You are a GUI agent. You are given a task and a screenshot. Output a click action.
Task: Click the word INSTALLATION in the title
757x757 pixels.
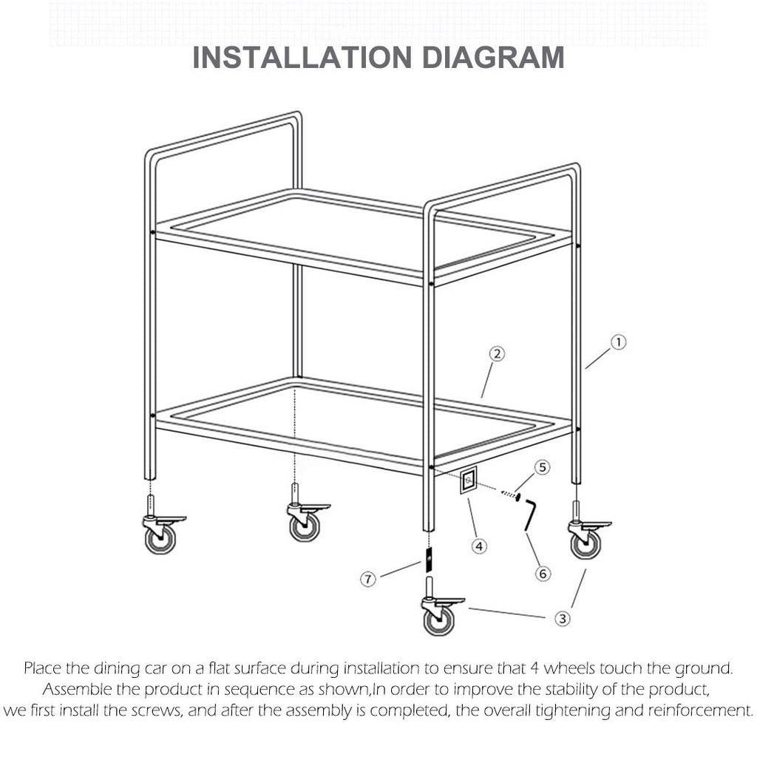[297, 58]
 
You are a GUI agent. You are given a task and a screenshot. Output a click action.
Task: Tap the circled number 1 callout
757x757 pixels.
[618, 342]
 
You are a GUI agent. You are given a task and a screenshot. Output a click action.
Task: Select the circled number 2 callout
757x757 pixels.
[498, 354]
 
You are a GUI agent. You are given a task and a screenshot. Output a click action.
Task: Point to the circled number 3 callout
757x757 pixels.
[563, 618]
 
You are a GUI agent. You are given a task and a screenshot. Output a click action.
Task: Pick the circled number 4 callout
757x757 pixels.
[480, 546]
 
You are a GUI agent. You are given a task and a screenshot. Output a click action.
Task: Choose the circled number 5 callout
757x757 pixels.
[543, 467]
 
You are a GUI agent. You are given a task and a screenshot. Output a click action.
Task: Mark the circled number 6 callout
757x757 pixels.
[543, 573]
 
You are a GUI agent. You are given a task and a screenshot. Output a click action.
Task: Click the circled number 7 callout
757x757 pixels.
[368, 579]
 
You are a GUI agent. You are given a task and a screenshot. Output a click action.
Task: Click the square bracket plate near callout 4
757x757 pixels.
[468, 482]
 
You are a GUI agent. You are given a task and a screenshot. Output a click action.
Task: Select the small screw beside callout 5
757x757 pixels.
[509, 495]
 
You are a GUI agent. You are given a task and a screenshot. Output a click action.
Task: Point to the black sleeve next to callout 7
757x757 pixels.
[427, 559]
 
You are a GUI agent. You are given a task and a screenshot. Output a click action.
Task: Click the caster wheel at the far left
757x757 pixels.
[160, 533]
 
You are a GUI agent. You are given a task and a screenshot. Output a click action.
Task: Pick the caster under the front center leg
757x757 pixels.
[438, 615]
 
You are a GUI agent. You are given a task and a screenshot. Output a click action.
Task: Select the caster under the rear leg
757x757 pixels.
[304, 521]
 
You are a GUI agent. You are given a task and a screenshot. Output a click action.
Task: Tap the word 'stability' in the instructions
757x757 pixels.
[548, 690]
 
